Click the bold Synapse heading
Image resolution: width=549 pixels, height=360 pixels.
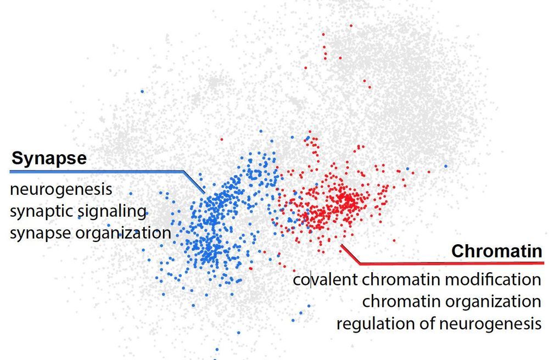(49, 159)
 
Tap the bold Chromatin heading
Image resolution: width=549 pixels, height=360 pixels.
(496, 251)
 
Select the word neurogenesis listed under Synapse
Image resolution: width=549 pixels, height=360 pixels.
(61, 190)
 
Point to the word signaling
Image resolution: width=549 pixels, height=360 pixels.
(111, 211)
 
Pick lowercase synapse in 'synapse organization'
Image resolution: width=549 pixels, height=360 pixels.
(40, 233)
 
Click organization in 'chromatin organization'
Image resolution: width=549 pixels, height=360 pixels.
(493, 301)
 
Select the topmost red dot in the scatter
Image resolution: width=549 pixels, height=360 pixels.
(350, 25)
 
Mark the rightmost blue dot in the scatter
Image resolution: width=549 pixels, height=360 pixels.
(446, 166)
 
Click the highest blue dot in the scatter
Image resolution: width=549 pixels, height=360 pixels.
(142, 91)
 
